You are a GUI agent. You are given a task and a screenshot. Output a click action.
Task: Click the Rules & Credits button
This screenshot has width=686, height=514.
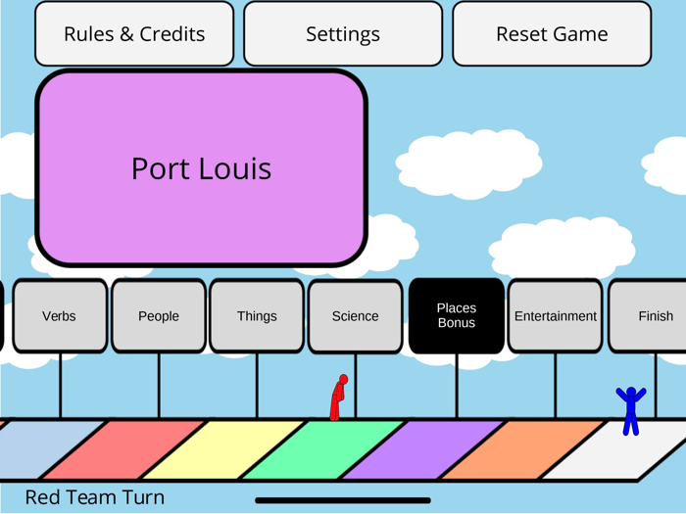(134, 34)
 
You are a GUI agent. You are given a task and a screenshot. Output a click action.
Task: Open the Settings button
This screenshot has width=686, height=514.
(343, 34)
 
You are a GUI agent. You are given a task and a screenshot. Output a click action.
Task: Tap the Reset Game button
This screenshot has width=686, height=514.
(552, 34)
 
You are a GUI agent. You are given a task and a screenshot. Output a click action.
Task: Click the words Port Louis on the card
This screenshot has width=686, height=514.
(201, 168)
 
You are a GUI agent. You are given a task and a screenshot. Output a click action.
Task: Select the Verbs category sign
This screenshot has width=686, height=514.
(59, 316)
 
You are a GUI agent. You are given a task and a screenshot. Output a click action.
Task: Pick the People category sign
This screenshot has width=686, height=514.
(159, 316)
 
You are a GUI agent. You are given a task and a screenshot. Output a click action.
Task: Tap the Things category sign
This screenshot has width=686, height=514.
(257, 316)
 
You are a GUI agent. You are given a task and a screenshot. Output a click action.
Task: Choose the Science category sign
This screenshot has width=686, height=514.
(355, 316)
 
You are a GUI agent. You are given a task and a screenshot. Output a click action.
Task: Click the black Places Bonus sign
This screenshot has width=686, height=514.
(457, 315)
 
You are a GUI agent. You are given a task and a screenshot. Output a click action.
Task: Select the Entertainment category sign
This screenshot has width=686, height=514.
(556, 316)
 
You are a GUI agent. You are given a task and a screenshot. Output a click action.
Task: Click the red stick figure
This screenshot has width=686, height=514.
(338, 398)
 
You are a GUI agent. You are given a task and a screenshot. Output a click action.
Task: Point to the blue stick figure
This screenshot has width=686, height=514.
(631, 410)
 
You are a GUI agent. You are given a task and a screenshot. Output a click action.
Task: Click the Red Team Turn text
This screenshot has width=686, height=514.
(94, 497)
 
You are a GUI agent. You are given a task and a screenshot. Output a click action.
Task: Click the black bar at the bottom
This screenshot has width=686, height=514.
(342, 500)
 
